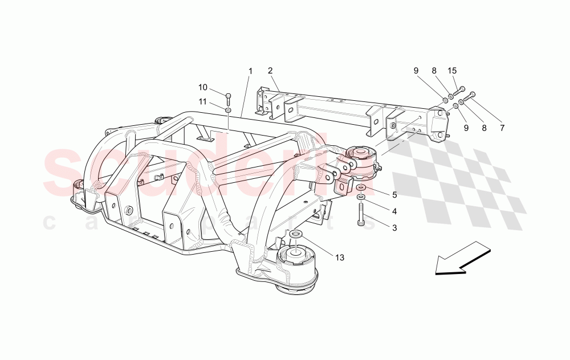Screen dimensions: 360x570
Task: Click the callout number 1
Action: tap(250, 71)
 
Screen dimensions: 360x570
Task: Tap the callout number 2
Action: tap(270, 71)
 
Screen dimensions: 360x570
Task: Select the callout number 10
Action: tap(203, 87)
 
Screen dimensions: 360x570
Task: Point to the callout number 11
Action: tap(203, 102)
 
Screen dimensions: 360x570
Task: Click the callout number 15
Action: tap(452, 71)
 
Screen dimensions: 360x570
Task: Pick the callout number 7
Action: tap(502, 128)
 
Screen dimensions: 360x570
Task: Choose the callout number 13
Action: tap(340, 257)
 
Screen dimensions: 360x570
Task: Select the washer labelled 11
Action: tap(228, 109)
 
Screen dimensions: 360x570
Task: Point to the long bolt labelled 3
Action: tap(361, 215)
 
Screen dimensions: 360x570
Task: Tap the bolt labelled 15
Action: tap(459, 91)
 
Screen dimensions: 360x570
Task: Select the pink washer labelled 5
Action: tap(361, 187)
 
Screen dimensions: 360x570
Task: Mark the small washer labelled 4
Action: tap(361, 197)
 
